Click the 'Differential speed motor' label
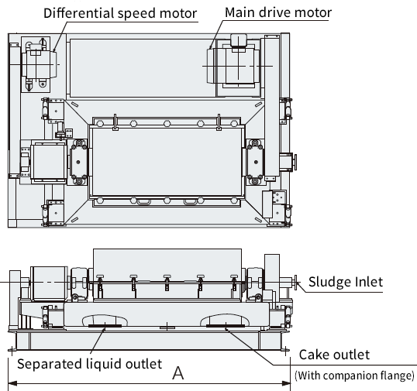point(120,13)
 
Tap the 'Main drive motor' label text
point(278,12)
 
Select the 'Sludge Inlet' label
point(346,282)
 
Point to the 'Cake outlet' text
point(334,355)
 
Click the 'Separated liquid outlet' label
point(90,364)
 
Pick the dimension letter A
point(178,373)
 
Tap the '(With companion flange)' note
point(354,376)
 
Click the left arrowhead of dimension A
point(12,383)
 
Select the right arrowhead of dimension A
point(286,383)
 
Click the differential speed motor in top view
point(39,64)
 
